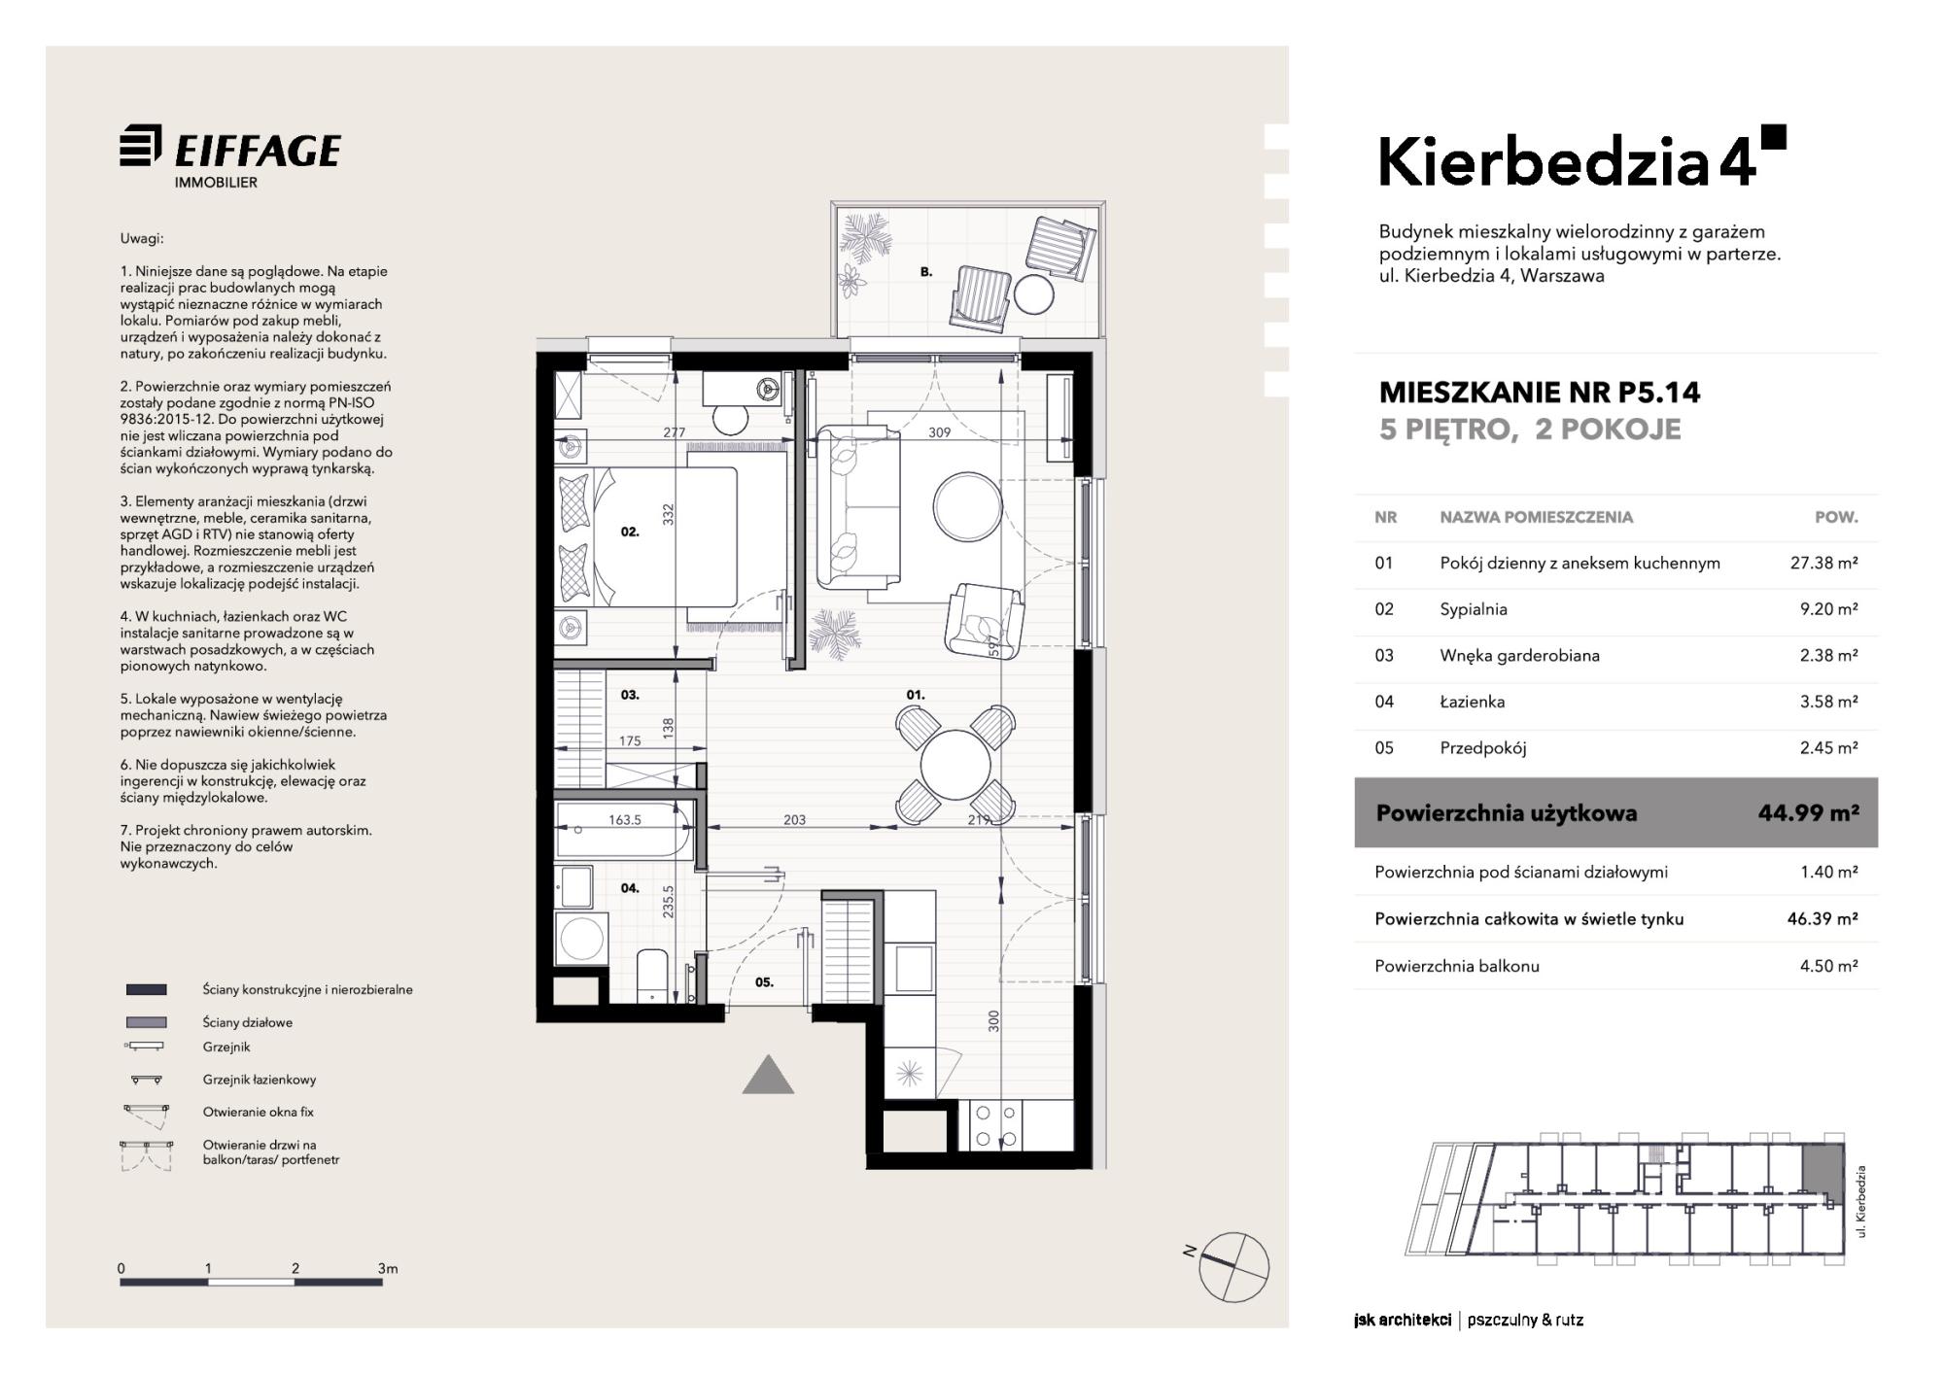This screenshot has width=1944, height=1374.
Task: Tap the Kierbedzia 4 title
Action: click(x=1582, y=159)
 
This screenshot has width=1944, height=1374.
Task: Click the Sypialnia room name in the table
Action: click(x=1474, y=610)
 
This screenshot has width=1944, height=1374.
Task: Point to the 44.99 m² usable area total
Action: click(x=1808, y=812)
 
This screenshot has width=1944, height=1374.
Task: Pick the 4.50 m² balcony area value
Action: click(x=1828, y=966)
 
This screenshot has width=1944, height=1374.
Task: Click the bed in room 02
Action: click(x=646, y=537)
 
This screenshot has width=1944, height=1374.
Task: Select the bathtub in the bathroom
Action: click(x=623, y=829)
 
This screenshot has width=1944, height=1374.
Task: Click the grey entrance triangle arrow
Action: click(x=768, y=1075)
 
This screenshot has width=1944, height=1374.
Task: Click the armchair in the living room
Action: click(x=984, y=618)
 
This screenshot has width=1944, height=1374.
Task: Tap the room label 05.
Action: click(x=765, y=982)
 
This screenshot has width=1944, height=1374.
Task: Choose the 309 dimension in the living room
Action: click(x=939, y=432)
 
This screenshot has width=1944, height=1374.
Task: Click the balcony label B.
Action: click(x=926, y=272)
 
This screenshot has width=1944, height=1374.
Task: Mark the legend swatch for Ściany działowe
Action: click(x=146, y=1022)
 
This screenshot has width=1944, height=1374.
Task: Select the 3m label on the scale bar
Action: click(x=388, y=1268)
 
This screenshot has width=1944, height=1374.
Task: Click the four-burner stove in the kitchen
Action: click(x=996, y=1125)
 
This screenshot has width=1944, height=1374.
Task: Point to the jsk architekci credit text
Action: click(x=1402, y=1320)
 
